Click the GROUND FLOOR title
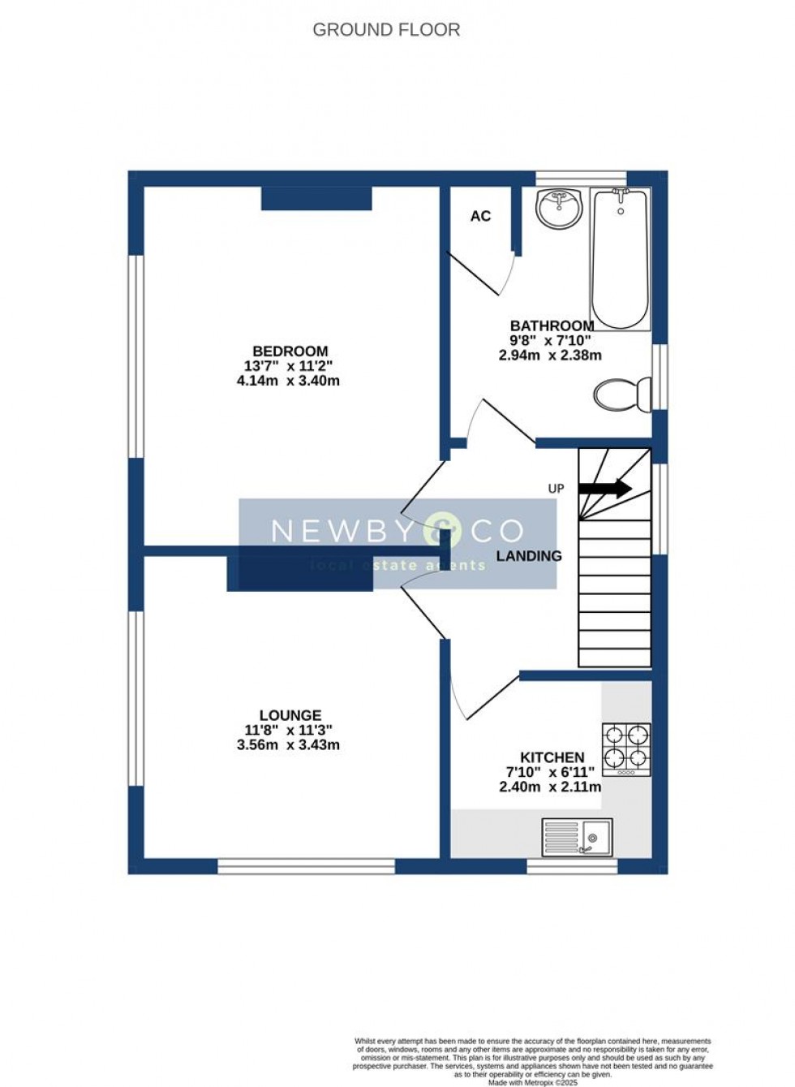pos(386,30)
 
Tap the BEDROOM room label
pos(290,351)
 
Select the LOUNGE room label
pos(290,715)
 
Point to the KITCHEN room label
pos(552,757)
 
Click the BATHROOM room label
pos(552,326)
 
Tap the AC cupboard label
pos(480,216)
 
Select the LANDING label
pos(529,556)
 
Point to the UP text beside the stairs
pos(556,489)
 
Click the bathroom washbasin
pos(559,208)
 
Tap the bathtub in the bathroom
pos(620,258)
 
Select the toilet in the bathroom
pos(622,395)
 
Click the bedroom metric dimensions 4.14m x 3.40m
pos(288,380)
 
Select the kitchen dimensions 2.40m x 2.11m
pos(550,787)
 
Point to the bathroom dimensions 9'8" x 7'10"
pos(550,340)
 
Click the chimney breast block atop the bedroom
pos(316,199)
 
